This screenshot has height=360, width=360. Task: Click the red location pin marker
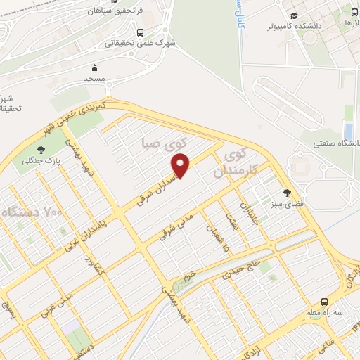pos(181,165)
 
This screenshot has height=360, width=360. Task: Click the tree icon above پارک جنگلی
pos(41,148)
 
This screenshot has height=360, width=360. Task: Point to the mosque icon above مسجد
pos(94,68)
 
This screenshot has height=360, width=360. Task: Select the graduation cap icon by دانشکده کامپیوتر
pos(293,16)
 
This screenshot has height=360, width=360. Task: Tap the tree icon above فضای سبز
pos(286,193)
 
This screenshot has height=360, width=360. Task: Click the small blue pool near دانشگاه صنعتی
pos(348,131)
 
